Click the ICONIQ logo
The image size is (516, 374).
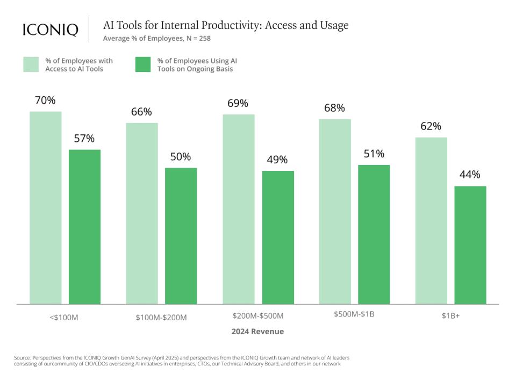(51, 30)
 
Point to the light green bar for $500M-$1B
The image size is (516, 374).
(335, 212)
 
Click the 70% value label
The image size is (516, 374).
(45, 100)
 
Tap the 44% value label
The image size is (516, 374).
(470, 175)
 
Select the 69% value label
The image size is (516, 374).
(238, 103)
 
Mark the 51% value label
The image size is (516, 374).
(374, 154)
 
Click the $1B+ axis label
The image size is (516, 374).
(450, 317)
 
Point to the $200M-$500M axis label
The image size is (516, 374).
(258, 316)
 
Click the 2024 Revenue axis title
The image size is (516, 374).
(257, 332)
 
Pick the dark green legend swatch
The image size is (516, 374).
(143, 65)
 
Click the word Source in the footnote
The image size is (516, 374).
(23, 357)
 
